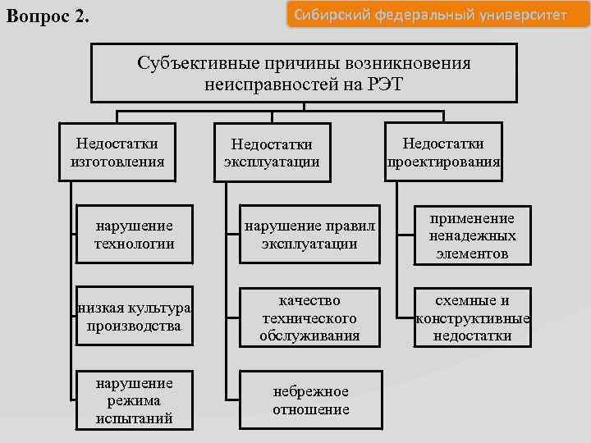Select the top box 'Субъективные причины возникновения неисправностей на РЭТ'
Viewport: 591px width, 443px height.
click(304, 73)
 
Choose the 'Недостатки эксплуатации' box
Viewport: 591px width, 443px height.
click(273, 153)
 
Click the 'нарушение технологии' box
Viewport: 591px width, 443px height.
click(135, 235)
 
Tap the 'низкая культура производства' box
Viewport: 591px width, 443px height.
click(135, 317)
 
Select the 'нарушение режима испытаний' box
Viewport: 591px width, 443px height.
click(135, 400)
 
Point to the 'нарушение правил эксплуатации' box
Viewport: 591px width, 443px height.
click(309, 235)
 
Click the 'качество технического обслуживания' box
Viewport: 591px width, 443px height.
click(309, 317)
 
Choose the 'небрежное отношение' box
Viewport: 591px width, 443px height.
click(310, 400)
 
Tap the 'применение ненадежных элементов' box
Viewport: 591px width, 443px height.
click(471, 235)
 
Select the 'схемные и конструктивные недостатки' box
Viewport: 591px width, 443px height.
click(472, 317)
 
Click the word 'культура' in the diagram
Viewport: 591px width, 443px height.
click(164, 308)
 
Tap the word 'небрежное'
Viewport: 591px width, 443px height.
click(310, 391)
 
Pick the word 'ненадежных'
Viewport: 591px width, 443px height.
click(471, 235)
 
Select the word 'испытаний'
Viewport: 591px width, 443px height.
click(135, 418)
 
